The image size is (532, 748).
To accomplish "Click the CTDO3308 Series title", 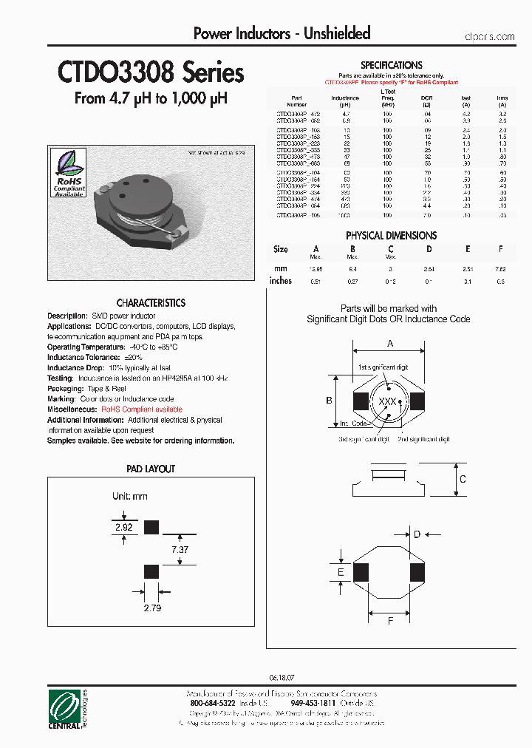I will [151, 73].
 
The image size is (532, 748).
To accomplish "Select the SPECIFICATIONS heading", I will [391, 65].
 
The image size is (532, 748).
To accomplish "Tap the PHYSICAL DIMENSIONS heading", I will [391, 235].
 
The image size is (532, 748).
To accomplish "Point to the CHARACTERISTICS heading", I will [151, 303].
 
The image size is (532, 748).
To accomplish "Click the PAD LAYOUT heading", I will [151, 469].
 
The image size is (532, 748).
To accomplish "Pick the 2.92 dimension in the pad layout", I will [123, 527].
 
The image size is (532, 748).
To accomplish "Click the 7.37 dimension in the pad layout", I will [180, 549].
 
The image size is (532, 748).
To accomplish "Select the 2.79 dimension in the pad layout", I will [151, 608].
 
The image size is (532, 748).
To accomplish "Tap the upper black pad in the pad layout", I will [151, 527].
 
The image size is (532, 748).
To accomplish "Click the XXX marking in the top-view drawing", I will [387, 401].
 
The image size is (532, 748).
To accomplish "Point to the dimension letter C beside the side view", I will [463, 479].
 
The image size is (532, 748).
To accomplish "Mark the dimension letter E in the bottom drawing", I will [341, 572].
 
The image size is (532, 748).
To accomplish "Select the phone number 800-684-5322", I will [213, 704].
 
